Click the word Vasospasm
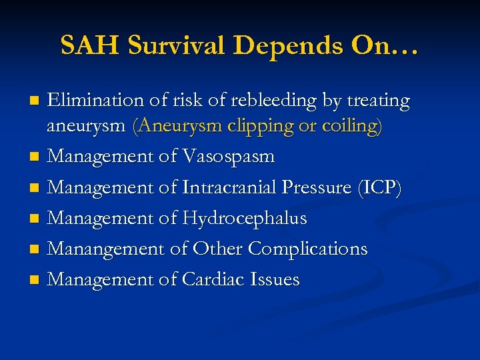pos(227,157)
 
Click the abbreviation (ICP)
pos(379,188)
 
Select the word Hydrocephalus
pos(250,218)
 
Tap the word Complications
pos(307,249)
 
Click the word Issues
pos(276,279)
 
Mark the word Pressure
pos(316,188)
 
